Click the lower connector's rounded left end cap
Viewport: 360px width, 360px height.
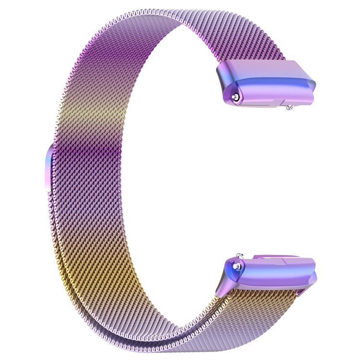click(x=229, y=276)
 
